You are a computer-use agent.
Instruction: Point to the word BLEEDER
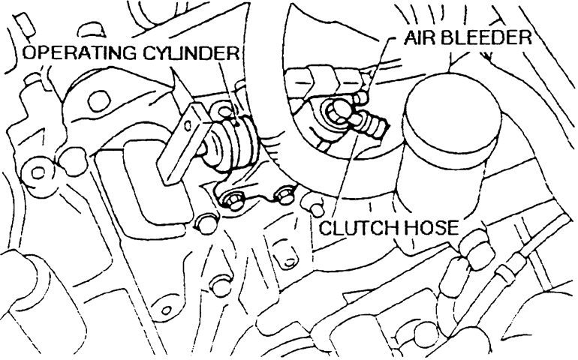pos(488,37)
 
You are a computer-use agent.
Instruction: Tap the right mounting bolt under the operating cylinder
pos(284,196)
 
